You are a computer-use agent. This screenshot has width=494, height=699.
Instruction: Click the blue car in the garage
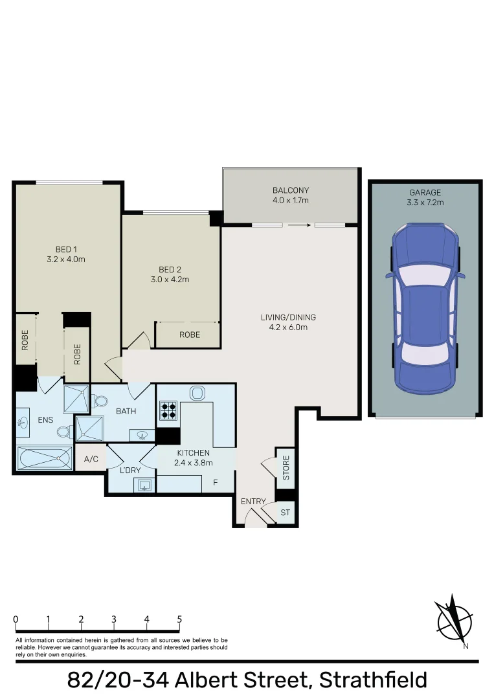pyautogui.click(x=425, y=309)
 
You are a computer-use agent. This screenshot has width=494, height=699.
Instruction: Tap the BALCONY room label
pyautogui.click(x=291, y=190)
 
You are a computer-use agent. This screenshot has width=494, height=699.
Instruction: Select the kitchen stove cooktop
pyautogui.click(x=168, y=410)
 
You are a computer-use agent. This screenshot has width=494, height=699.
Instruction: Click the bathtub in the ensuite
pyautogui.click(x=44, y=458)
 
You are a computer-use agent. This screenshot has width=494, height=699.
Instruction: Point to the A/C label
pyautogui.click(x=91, y=459)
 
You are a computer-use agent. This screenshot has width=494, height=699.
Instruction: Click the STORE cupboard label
pyautogui.click(x=286, y=468)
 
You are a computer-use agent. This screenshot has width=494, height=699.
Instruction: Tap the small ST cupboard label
pyautogui.click(x=285, y=513)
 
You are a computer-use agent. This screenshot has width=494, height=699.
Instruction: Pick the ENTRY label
pyautogui.click(x=253, y=502)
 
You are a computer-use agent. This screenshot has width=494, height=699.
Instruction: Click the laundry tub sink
pyautogui.click(x=144, y=485)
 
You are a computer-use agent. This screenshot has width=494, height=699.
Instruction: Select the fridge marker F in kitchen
pyautogui.click(x=216, y=482)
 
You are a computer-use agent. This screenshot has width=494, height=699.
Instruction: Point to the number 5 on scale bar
pyautogui.click(x=179, y=619)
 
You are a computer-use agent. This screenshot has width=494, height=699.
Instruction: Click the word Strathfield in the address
pyautogui.click(x=373, y=680)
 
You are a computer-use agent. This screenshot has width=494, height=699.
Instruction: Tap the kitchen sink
pyautogui.click(x=197, y=394)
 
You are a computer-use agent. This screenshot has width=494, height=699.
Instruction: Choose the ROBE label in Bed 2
pyautogui.click(x=190, y=335)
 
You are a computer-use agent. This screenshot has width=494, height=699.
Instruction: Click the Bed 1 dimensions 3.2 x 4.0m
pyautogui.click(x=66, y=259)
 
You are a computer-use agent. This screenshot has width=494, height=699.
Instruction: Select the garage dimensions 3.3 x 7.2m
pyautogui.click(x=425, y=203)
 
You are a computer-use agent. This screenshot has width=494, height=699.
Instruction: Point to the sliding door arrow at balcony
pyautogui.click(x=299, y=225)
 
